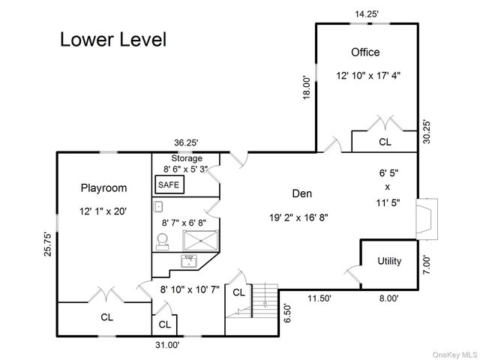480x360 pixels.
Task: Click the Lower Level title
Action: coord(113,40)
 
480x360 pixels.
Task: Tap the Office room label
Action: coord(365,52)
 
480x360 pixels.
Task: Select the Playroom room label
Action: coord(103,188)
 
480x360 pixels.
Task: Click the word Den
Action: coord(302,193)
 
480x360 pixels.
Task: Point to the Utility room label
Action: coord(389,261)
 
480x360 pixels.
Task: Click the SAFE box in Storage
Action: coord(169,184)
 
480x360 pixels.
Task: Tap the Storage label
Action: coord(187,158)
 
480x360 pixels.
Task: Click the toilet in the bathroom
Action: coord(163,241)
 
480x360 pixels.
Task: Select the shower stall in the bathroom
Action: coord(201,241)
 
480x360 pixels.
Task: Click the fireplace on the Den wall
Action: coord(427,219)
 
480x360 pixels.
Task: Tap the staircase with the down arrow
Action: coord(265,301)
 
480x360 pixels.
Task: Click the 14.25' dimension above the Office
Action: coord(367,14)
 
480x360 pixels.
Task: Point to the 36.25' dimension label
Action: coord(187,142)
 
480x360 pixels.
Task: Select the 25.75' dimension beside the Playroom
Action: coord(48,244)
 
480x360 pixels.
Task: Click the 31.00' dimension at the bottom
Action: coord(167,345)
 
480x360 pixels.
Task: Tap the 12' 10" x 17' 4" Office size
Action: coord(368,75)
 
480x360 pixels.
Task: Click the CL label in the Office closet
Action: coord(385,142)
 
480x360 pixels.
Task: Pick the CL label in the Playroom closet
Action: coord(106,317)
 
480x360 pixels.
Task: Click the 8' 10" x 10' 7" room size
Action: coord(190,289)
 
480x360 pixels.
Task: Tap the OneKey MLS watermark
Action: coord(454,355)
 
